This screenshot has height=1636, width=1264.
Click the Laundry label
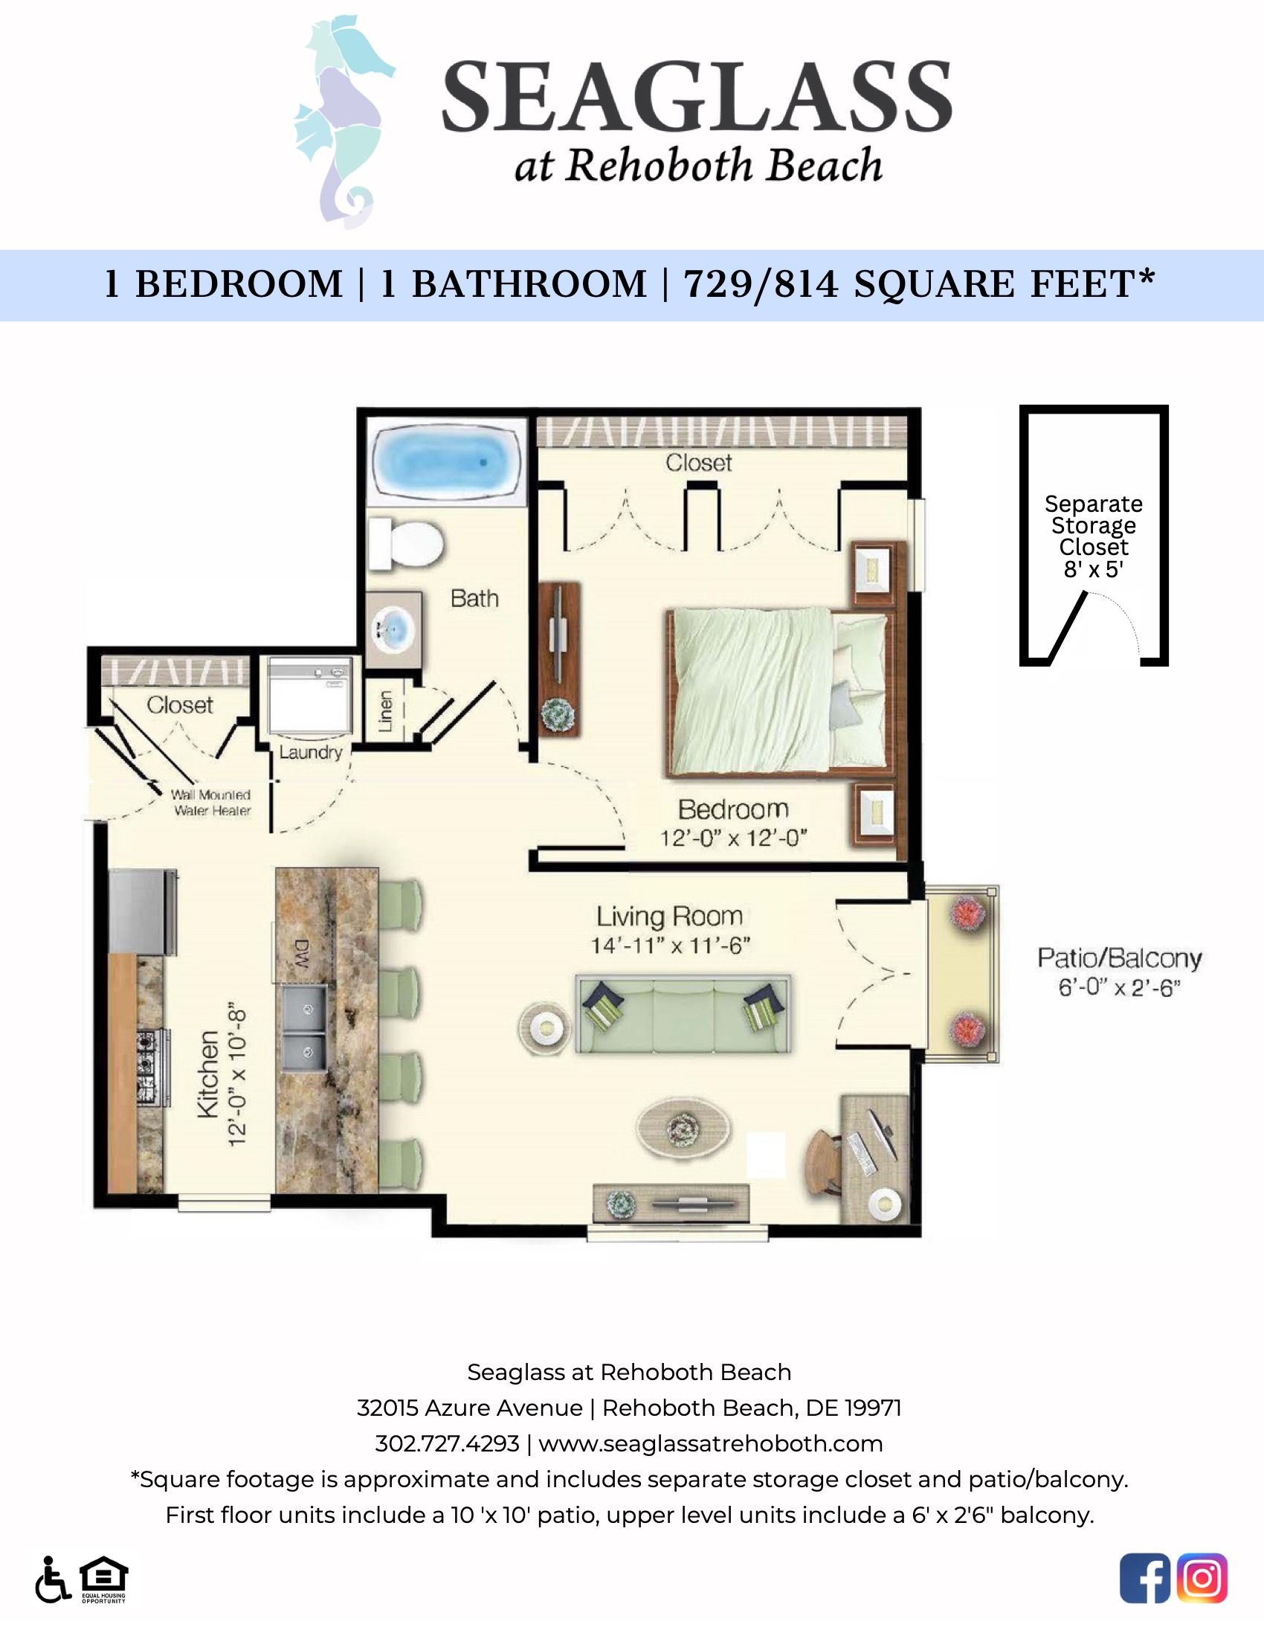(x=311, y=752)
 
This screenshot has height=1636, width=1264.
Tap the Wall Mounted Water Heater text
(x=211, y=802)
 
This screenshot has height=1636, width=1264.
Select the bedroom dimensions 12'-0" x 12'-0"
(x=733, y=838)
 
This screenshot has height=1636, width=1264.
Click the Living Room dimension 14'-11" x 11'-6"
(x=670, y=946)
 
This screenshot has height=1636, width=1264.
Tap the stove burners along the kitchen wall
(x=146, y=1068)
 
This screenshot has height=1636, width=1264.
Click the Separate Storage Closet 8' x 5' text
(x=1093, y=536)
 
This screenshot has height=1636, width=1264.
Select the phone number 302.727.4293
(x=447, y=1443)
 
